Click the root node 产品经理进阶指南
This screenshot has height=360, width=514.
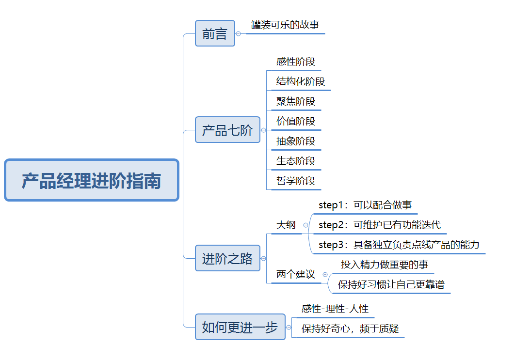point(92,180)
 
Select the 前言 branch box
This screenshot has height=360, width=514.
point(215,33)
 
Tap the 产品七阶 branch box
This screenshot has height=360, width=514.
point(227,130)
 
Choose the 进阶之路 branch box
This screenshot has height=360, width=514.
point(227,258)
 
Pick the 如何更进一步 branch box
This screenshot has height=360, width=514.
point(240,327)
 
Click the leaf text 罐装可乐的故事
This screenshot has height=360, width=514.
point(285,25)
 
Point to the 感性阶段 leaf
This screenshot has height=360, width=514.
point(296,62)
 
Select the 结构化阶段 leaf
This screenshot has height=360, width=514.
point(301,81)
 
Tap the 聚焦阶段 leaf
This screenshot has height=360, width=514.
point(296,102)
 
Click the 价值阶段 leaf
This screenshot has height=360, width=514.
point(296,121)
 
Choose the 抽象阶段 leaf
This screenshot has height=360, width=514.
point(296,141)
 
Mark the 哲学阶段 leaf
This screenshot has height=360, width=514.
point(296,181)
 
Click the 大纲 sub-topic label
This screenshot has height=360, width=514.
point(286,225)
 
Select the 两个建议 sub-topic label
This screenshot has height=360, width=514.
point(296,274)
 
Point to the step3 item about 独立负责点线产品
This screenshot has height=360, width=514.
point(399,245)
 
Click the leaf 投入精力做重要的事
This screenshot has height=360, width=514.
point(385,265)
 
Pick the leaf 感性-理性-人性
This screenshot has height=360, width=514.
point(335,309)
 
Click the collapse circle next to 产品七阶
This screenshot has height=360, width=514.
point(263,130)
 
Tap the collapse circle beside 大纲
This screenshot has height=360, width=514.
point(305,225)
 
